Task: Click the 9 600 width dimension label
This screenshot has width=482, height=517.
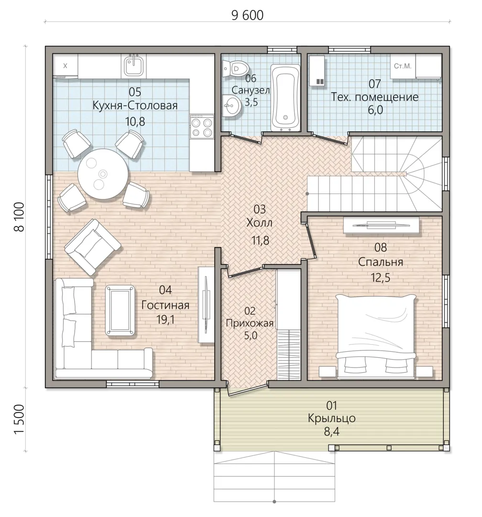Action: tap(247, 15)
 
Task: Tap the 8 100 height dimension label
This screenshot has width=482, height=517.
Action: tap(20, 217)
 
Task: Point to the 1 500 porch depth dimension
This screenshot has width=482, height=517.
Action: tap(20, 419)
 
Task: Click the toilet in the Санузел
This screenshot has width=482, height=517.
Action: tap(236, 69)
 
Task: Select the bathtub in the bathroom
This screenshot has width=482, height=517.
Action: tap(285, 98)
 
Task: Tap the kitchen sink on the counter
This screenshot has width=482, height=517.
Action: tap(133, 66)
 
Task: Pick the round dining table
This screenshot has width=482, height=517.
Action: tap(103, 174)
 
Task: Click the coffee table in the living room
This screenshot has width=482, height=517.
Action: tap(120, 311)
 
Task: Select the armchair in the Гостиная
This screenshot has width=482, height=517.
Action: tap(93, 247)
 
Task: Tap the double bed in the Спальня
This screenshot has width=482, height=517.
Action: tap(375, 336)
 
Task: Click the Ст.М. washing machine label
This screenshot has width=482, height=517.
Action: tap(403, 66)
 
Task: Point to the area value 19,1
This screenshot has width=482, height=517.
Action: tap(166, 319)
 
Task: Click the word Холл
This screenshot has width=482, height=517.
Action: tap(260, 223)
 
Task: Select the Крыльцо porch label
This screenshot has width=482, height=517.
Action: tap(332, 418)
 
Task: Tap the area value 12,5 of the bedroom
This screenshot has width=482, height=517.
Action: tap(381, 278)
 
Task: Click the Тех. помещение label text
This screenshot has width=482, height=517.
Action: tap(374, 97)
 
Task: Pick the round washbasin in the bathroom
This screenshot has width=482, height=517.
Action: tap(232, 105)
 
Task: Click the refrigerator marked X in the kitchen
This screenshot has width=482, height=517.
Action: tap(65, 66)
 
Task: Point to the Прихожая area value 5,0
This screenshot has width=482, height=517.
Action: tap(250, 336)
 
